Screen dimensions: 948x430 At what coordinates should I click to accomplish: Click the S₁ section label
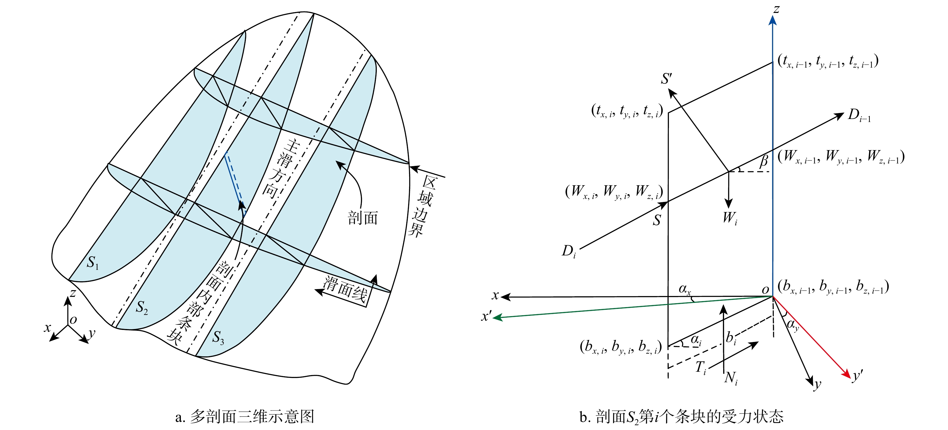tap(93, 262)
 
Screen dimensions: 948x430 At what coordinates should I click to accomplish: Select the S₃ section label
tap(218, 337)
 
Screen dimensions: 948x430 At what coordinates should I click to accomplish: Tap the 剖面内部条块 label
tap(199, 303)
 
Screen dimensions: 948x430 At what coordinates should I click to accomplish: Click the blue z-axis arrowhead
tap(773, 20)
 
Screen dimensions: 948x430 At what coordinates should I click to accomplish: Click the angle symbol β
tap(764, 161)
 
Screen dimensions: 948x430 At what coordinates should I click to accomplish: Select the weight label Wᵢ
tap(730, 218)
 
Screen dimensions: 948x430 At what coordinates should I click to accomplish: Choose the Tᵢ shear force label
tap(701, 367)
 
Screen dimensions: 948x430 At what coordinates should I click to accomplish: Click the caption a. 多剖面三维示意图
tap(245, 416)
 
